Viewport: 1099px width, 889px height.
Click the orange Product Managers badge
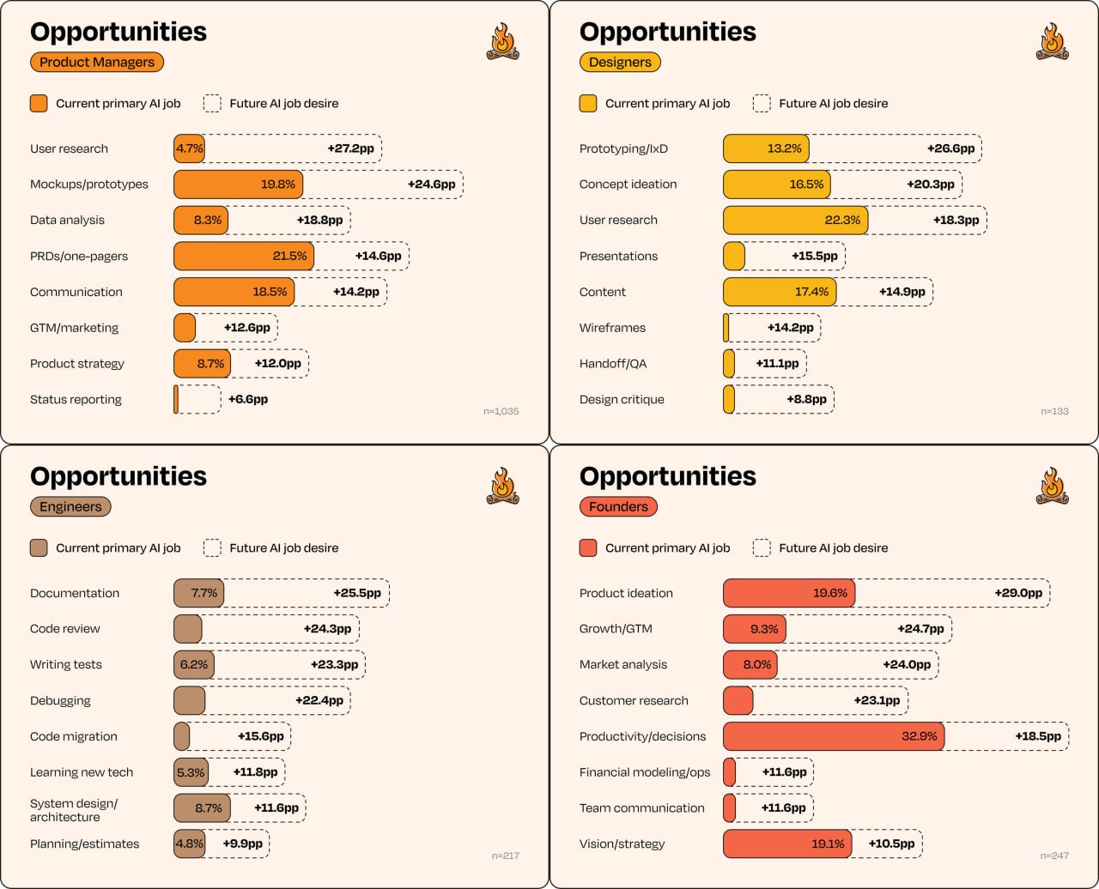(x=97, y=62)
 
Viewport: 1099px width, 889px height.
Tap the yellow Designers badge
(x=620, y=62)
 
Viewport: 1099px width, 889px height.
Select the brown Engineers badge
(x=70, y=506)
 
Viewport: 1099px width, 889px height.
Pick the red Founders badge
(x=618, y=506)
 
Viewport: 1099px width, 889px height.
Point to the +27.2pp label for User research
(x=350, y=148)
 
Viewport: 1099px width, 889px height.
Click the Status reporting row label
(x=76, y=399)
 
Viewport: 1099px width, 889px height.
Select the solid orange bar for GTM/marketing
(x=185, y=328)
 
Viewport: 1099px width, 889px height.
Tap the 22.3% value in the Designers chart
(x=842, y=220)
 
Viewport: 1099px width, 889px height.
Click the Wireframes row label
(x=612, y=328)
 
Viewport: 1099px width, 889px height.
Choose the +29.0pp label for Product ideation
(x=1018, y=593)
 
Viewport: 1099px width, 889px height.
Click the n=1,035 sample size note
(x=501, y=411)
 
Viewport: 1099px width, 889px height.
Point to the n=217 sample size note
(x=506, y=856)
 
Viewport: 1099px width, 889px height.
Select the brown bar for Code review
(x=188, y=629)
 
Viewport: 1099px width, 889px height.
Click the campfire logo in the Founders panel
(x=1052, y=486)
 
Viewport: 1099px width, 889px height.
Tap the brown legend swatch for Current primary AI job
(x=39, y=547)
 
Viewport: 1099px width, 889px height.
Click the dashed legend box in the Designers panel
(x=762, y=103)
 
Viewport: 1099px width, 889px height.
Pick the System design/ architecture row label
(x=74, y=810)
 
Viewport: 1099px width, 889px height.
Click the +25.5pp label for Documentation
(x=357, y=593)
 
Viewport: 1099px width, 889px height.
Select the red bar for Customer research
(x=738, y=700)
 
